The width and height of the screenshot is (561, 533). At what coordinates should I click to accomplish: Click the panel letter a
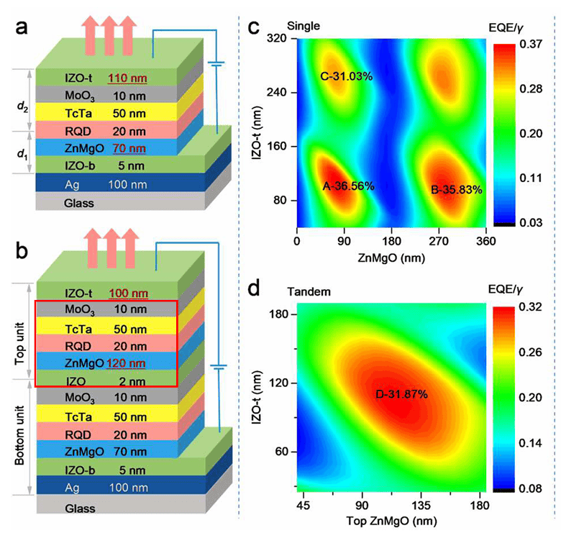[21, 27]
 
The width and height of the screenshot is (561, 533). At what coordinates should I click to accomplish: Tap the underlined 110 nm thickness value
[127, 78]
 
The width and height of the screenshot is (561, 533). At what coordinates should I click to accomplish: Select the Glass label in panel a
[78, 203]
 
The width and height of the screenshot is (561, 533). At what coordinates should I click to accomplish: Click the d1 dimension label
[22, 154]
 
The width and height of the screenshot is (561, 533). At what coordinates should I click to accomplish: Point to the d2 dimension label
[22, 106]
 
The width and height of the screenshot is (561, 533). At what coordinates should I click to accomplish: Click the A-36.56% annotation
[349, 186]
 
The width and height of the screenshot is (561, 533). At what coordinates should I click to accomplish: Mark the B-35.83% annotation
[456, 190]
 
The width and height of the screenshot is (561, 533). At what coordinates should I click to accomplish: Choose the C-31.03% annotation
[347, 76]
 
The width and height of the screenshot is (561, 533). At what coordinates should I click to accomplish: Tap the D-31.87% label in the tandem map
[401, 394]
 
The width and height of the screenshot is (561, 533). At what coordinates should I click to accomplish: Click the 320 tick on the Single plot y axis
[277, 38]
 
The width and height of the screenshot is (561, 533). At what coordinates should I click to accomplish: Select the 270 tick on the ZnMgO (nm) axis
[439, 241]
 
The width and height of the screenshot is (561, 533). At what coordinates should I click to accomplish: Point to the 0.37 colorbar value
[531, 44]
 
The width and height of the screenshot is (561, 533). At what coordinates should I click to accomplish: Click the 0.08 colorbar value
[530, 488]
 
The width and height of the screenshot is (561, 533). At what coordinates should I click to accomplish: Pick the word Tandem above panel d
[309, 292]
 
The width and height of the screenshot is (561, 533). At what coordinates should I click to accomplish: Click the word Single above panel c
[304, 26]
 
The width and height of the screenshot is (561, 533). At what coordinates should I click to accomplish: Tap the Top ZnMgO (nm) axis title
[391, 521]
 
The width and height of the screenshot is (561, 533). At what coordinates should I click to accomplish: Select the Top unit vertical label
[19, 344]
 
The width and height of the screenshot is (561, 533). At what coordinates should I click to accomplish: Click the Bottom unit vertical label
[19, 435]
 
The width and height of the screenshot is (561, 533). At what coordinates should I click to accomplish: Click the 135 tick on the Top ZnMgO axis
[421, 506]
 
